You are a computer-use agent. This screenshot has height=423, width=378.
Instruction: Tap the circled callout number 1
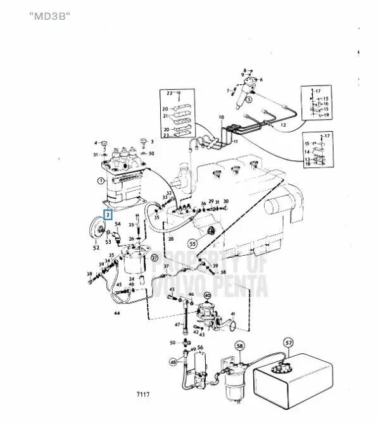100,180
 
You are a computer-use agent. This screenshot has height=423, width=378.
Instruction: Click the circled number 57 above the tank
288,344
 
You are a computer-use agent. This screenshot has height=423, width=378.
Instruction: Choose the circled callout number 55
192,241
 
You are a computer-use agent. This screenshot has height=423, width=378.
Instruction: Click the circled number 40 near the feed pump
207,294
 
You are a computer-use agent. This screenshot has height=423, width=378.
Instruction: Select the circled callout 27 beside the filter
154,258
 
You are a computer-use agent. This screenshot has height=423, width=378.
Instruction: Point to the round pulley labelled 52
98,229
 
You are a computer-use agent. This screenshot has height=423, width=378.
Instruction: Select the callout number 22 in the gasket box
170,93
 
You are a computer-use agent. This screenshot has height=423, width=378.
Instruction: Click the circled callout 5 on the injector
249,99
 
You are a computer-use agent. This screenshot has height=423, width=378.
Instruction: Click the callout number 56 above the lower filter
199,348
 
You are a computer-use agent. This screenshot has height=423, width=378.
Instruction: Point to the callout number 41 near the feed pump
232,314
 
